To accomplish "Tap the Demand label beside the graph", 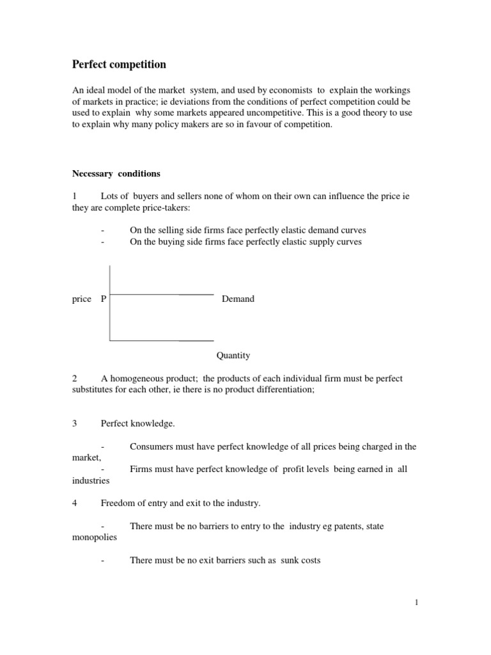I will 238,299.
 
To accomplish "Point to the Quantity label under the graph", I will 233,355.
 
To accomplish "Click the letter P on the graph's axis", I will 104,299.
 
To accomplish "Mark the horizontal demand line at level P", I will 162,294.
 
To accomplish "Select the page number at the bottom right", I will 417,602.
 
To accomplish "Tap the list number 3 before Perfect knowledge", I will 75,423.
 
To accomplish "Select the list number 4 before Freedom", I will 75,503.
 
